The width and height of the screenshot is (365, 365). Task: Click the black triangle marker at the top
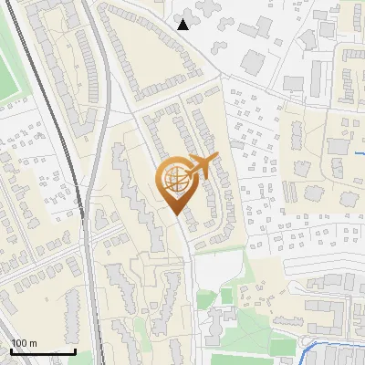pyautogui.click(x=183, y=25)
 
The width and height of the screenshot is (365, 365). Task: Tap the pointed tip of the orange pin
pyautogui.click(x=177, y=214)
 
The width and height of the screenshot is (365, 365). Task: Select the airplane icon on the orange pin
pyautogui.click(x=202, y=164)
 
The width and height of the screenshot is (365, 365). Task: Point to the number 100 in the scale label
pyautogui.click(x=19, y=343)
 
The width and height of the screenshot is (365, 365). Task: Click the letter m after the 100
pyautogui.click(x=33, y=343)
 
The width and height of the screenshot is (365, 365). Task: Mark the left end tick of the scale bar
pyautogui.click(x=10, y=350)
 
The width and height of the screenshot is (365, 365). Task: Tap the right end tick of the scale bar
pyautogui.click(x=75, y=350)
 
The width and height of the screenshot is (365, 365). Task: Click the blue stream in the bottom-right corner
pyautogui.click(x=328, y=344)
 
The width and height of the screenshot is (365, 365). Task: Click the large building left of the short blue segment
pyautogui.click(x=338, y=145)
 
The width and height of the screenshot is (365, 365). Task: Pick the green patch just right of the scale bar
pyautogui.click(x=87, y=357)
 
